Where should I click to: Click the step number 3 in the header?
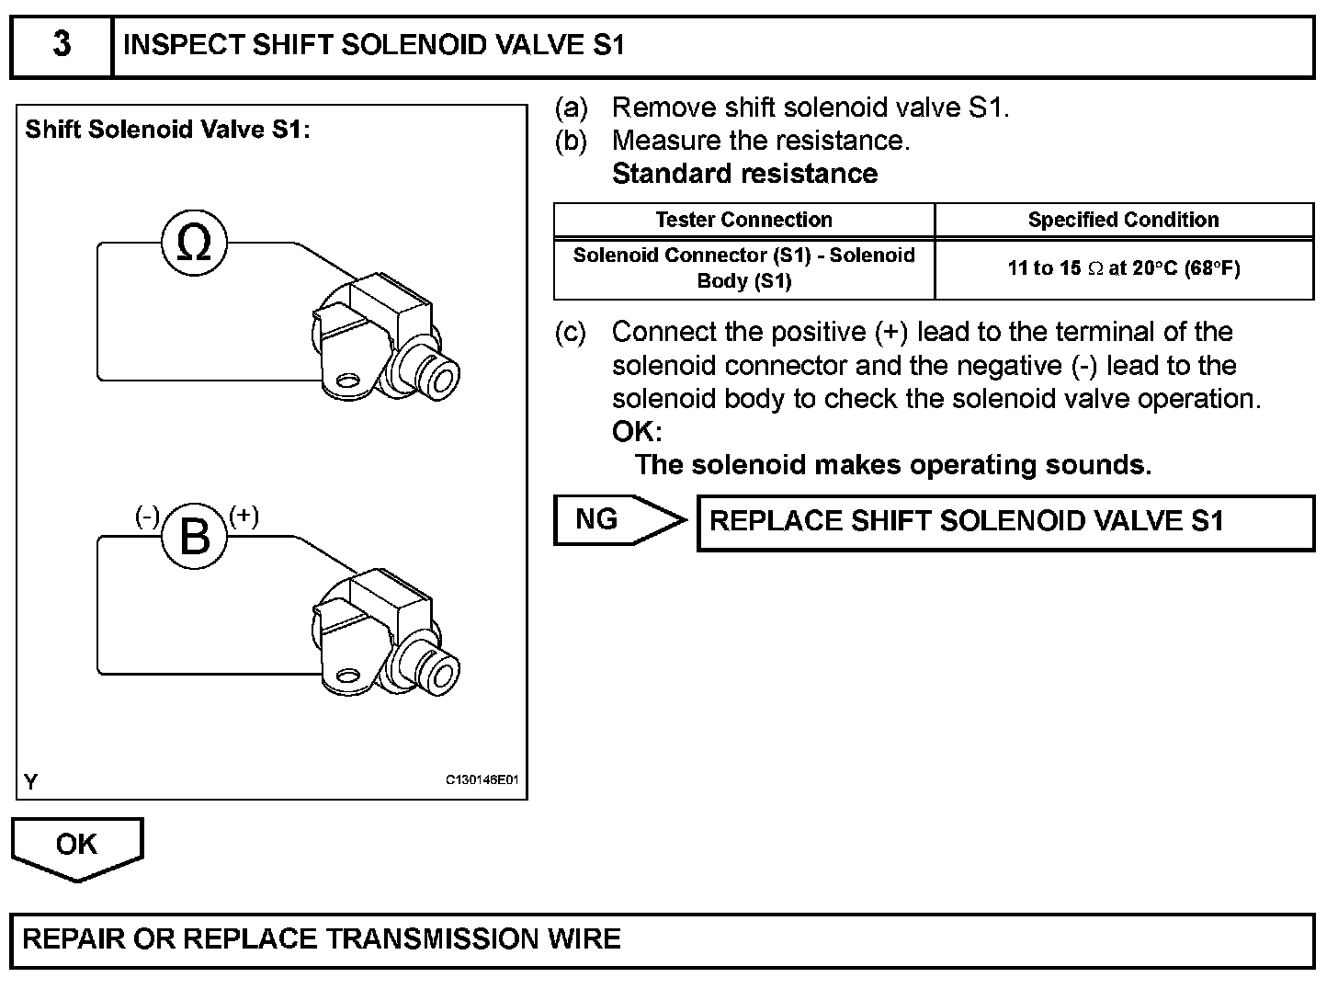click(x=62, y=45)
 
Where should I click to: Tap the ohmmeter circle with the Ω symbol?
click(x=194, y=244)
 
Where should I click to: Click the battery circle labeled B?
click(x=194, y=537)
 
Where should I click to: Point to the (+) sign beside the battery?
click(x=244, y=516)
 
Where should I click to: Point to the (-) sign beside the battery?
click(x=147, y=516)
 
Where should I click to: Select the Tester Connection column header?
click(x=743, y=220)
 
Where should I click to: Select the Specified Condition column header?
click(x=1123, y=220)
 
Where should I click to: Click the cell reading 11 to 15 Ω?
click(x=1123, y=268)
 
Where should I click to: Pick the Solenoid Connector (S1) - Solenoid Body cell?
click(x=743, y=268)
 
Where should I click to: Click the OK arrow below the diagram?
click(x=76, y=846)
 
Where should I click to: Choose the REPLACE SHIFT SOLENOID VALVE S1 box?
click(x=1005, y=522)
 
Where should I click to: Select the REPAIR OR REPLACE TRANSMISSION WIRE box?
click(x=662, y=939)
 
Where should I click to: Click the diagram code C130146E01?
click(x=482, y=780)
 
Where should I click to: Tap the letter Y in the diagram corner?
click(x=31, y=782)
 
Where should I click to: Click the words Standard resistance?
click(x=744, y=174)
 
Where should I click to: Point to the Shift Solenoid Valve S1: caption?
click(x=167, y=130)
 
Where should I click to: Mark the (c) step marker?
click(x=571, y=332)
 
